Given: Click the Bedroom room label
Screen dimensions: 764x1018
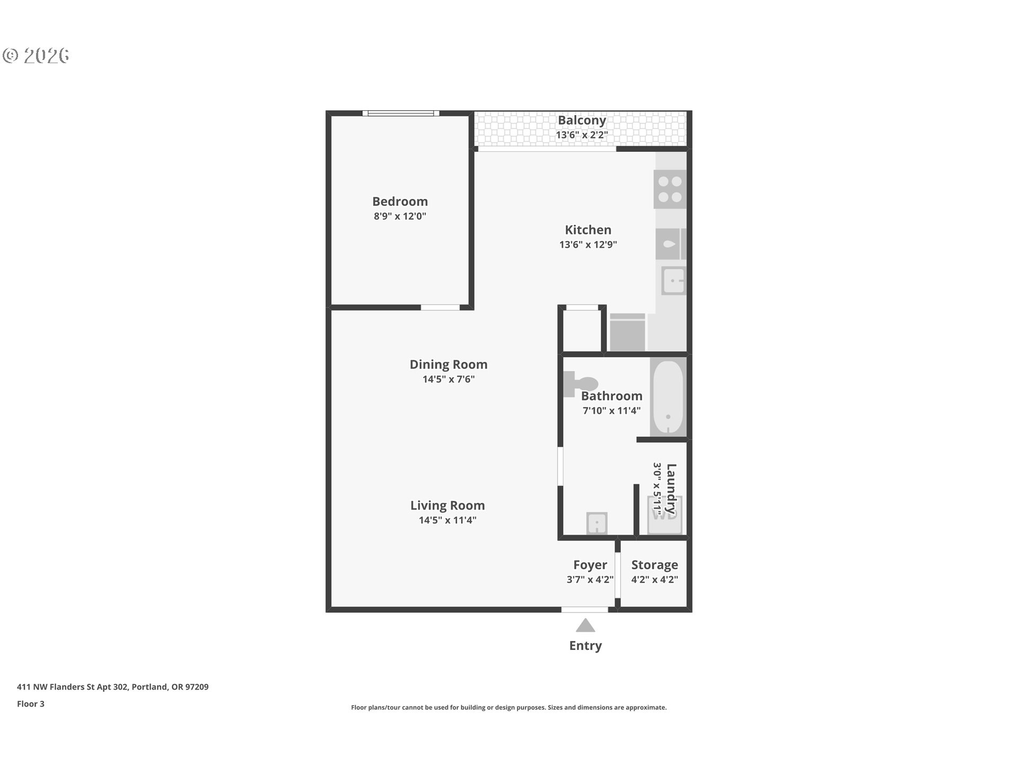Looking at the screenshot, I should tap(400, 202).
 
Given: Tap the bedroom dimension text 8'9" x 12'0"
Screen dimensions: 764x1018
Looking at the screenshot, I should tap(400, 216).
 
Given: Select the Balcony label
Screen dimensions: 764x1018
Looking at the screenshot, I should tap(582, 120).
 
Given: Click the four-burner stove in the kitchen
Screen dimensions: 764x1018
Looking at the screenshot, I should tap(670, 189).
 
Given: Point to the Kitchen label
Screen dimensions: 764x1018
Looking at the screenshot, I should tap(588, 230).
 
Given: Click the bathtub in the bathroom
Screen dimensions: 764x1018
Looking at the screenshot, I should tap(668, 396).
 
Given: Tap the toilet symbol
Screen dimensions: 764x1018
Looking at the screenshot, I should tap(581, 384).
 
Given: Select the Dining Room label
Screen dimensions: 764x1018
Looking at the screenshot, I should tap(448, 364).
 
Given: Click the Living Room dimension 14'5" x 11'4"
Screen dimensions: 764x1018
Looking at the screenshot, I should tap(447, 520).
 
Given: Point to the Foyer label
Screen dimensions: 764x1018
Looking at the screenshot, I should tap(590, 565).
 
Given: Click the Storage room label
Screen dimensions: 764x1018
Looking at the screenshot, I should tap(654, 565).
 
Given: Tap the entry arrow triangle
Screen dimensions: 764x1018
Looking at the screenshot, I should tap(585, 626).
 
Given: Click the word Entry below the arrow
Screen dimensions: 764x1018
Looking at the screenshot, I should tap(585, 646).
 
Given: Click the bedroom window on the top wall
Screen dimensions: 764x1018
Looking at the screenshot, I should tap(401, 113).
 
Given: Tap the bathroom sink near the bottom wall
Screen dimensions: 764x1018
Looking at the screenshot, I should tap(597, 523).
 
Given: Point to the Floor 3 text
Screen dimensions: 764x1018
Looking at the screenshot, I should tap(31, 704).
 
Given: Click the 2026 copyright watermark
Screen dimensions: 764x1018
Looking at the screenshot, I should tap(36, 56).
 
